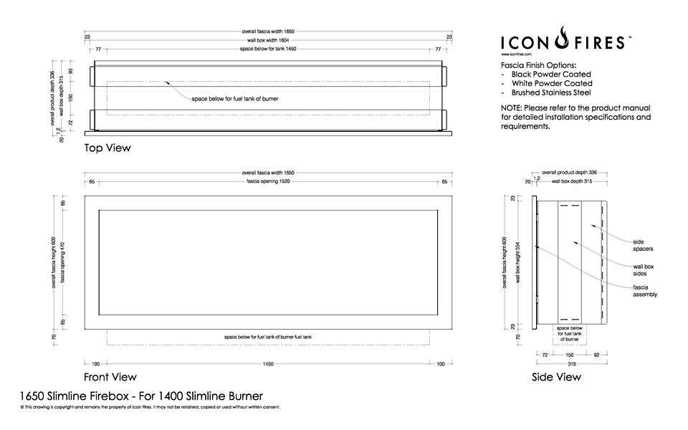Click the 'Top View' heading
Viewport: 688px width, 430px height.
click(107, 148)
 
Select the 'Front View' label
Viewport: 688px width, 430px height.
click(110, 377)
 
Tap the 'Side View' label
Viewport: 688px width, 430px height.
click(556, 377)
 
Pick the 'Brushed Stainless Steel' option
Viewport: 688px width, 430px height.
click(550, 92)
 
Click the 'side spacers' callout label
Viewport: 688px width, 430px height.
click(643, 245)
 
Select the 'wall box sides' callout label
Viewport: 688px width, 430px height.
click(644, 270)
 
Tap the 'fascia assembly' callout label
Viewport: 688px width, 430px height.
click(645, 291)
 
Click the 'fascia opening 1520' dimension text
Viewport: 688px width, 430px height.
click(268, 182)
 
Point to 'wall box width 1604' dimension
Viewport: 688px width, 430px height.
click(268, 41)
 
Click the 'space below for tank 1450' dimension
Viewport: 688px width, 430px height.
click(268, 50)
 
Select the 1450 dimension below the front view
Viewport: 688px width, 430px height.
click(268, 365)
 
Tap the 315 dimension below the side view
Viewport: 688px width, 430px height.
click(570, 363)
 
